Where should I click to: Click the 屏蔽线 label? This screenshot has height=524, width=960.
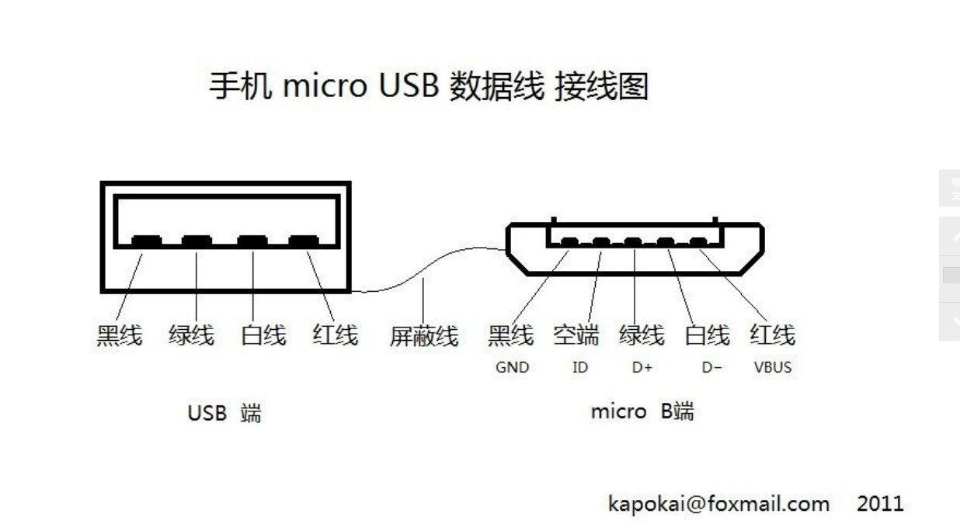pos(423,336)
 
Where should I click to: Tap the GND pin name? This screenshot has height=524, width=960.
pos(512,367)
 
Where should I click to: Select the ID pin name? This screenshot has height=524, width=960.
pos(580,367)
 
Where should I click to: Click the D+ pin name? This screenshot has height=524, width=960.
pos(642,367)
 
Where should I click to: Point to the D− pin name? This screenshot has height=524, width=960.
pos(711,367)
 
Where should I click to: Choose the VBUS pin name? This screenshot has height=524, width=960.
pos(772,367)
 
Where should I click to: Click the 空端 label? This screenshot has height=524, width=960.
pos(576,335)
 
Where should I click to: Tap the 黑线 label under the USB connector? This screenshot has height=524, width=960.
pos(119,335)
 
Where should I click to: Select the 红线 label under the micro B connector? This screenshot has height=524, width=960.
pos(772,335)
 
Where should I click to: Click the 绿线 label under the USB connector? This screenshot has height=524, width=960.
pos(191,335)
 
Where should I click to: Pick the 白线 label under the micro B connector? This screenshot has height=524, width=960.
pos(708,335)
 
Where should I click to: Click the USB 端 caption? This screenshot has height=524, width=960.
pos(224,412)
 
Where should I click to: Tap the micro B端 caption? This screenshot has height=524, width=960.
pos(642,411)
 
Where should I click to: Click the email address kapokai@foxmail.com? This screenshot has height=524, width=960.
pos(718,504)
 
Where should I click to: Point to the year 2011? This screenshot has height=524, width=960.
pos(880,504)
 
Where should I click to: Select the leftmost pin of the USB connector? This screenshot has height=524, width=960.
pos(147,241)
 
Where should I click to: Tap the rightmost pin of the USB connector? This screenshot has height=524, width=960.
pos(303,241)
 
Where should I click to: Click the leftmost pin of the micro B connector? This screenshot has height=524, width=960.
pos(569,243)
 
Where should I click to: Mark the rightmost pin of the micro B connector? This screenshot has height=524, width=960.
pos(698,243)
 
